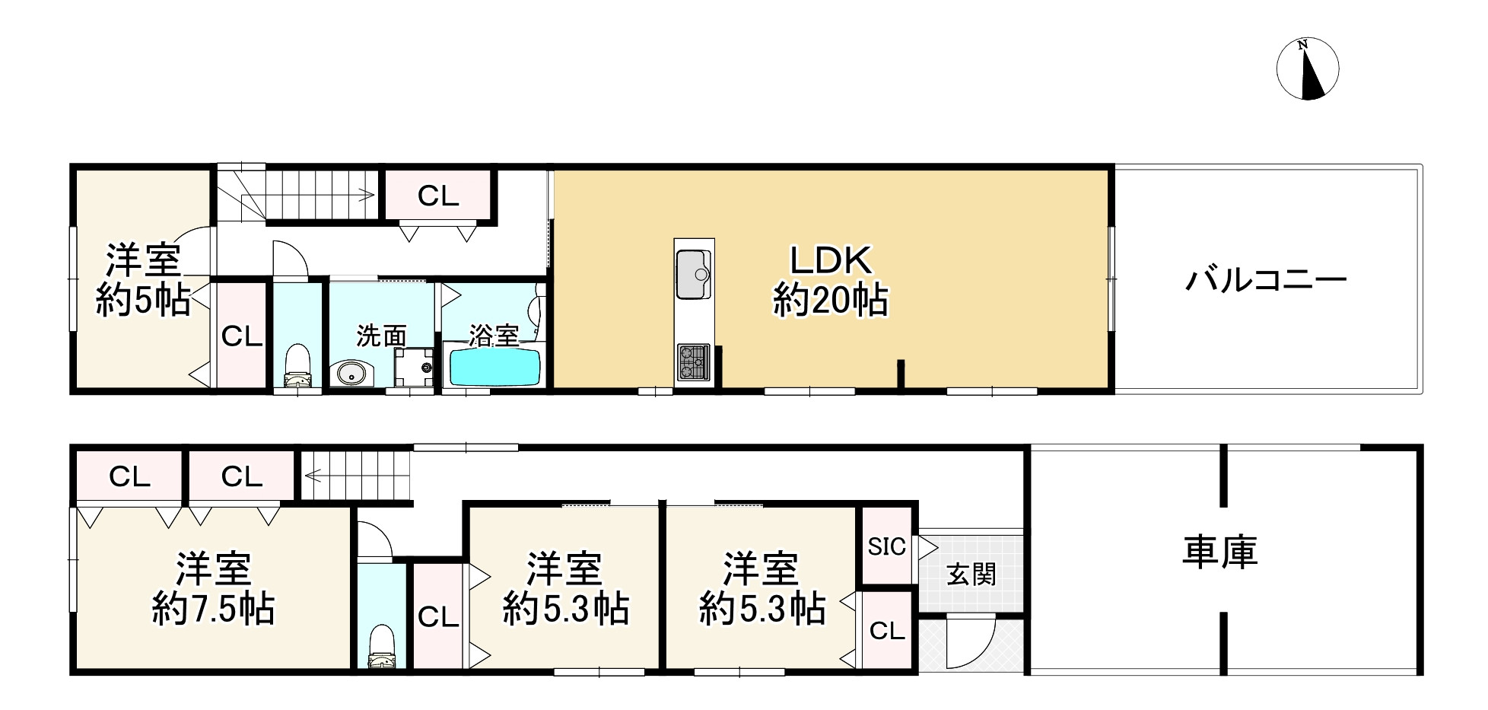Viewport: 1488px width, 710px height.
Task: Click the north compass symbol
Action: pos(1307,68)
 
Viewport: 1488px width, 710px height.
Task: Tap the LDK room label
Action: pos(830,261)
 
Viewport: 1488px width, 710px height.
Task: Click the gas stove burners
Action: pos(693,361)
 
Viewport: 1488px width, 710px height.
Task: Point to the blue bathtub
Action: pos(495,368)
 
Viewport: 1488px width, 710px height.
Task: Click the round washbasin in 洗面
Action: pos(349,374)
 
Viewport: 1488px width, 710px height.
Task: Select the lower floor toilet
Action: pos(381,646)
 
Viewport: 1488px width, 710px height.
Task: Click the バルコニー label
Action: pos(1266,281)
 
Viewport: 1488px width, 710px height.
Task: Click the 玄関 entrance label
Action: pos(971,574)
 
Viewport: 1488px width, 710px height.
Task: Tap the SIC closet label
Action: pos(887,546)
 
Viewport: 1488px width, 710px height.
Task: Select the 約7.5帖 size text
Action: pos(213,609)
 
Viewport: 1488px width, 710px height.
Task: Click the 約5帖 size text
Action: pos(143,301)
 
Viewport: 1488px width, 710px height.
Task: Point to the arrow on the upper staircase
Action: pos(368,195)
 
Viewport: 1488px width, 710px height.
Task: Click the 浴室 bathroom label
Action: pos(494,335)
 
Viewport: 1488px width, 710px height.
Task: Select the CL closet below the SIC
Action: pos(887,631)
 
